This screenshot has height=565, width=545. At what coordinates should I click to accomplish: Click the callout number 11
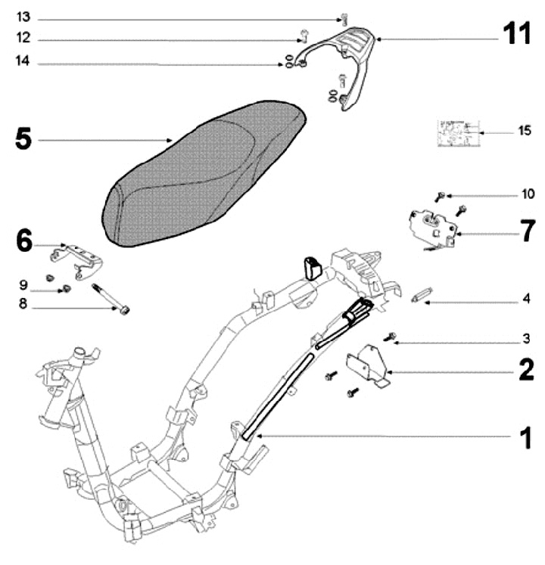(x=519, y=35)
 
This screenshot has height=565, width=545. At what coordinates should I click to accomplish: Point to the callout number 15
(x=524, y=132)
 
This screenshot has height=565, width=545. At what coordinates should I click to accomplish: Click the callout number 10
(x=527, y=194)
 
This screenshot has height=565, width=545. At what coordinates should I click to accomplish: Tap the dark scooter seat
(x=204, y=174)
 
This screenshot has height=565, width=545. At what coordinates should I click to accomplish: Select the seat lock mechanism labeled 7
(x=431, y=225)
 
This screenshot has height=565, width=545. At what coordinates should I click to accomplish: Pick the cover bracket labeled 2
(x=366, y=364)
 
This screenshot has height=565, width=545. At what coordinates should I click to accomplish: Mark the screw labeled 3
(x=391, y=337)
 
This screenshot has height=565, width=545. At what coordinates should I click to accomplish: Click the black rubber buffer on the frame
(x=312, y=267)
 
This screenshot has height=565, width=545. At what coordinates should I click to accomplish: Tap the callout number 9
(x=23, y=285)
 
